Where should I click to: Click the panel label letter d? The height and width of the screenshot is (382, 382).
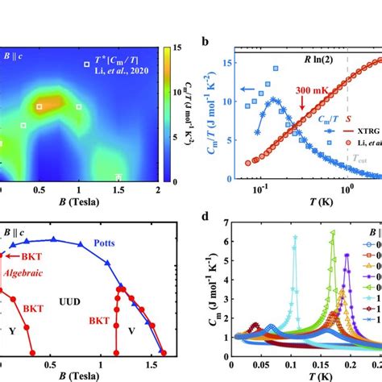206,214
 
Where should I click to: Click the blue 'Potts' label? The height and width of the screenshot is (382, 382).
103,241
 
